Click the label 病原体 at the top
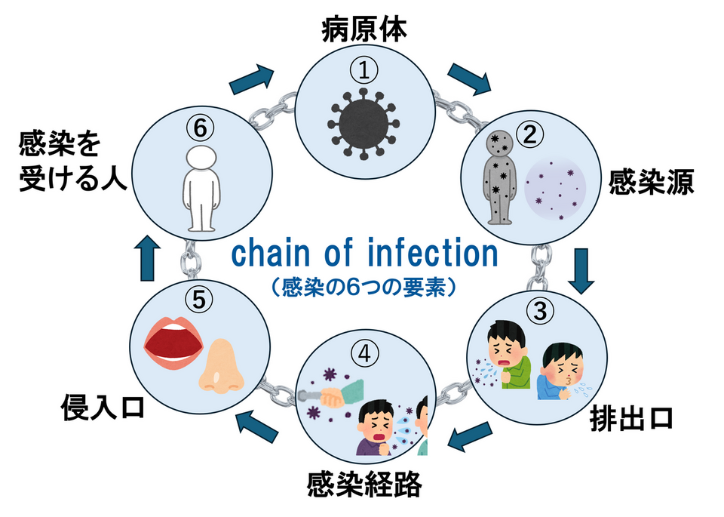coord(364,29)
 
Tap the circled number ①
coord(364,71)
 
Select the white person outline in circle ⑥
coord(200,189)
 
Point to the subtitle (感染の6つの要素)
coord(363,288)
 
